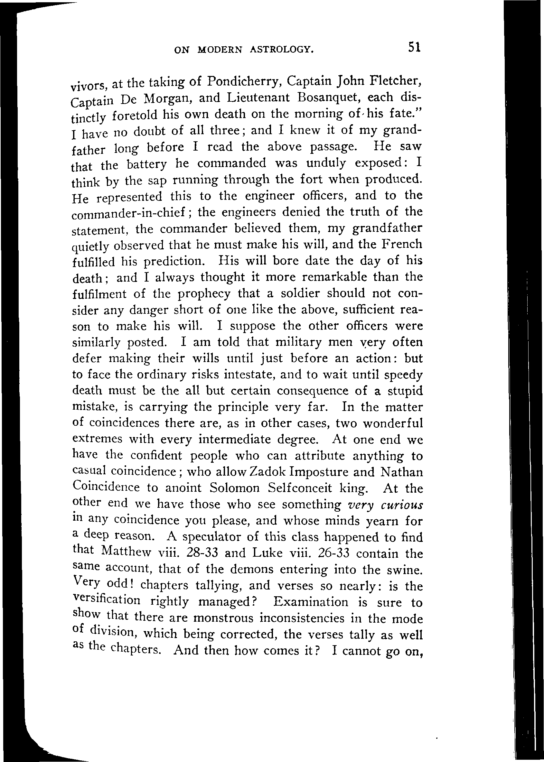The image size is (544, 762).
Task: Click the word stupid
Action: pos(405,391)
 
